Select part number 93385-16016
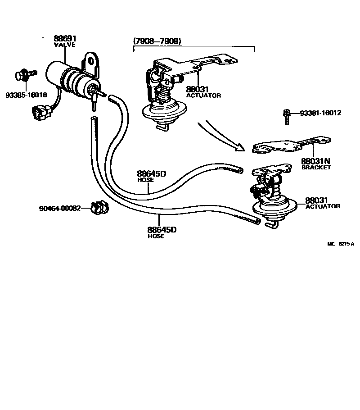point(26,95)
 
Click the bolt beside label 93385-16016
point(22,76)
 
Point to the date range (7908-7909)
point(157,41)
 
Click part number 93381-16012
point(320,113)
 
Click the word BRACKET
point(316,167)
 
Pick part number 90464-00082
point(60,208)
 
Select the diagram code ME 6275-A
point(341,244)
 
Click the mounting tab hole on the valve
point(91,60)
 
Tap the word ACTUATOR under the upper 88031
point(204,96)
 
